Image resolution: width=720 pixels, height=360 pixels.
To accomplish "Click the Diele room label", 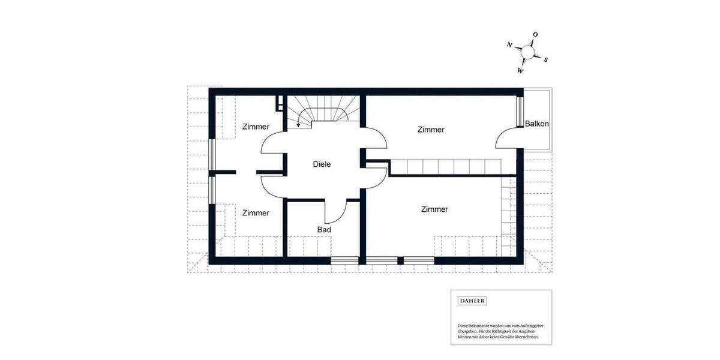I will tap(322, 164).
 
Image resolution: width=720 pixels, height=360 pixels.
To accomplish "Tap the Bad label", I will tap(324, 229).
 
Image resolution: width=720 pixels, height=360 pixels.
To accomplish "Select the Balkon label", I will tap(536, 124).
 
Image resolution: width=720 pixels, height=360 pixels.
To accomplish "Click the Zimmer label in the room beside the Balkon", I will tap(431, 130).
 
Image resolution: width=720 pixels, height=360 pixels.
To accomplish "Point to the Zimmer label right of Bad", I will tap(434, 209).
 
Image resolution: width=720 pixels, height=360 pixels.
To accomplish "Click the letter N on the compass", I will tap(509, 45).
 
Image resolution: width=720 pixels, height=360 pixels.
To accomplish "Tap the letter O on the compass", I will tap(535, 35).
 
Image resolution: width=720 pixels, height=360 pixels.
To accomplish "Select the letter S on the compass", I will tap(545, 59).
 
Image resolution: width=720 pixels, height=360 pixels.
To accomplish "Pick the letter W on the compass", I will tap(520, 71).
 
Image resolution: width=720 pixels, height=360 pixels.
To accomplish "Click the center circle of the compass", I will tap(527, 53).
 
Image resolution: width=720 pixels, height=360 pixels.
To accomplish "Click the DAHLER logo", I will tap(472, 301).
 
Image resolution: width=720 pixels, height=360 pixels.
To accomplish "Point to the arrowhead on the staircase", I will tap(299, 126).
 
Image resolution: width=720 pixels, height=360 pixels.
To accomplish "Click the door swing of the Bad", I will tap(336, 211).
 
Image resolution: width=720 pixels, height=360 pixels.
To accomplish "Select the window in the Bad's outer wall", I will tap(345, 260).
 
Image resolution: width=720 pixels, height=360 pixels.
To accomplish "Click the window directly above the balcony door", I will tap(520, 111).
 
